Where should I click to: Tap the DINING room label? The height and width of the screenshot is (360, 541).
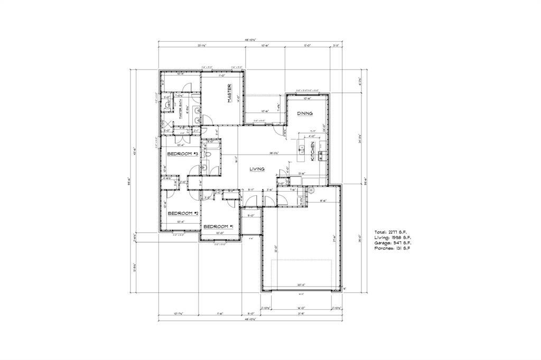pyautogui.click(x=304, y=113)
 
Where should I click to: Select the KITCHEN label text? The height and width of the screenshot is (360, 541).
pyautogui.click(x=313, y=151)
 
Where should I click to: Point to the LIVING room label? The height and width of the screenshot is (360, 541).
pyautogui.click(x=259, y=169)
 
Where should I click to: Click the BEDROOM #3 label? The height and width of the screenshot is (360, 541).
pyautogui.click(x=182, y=154)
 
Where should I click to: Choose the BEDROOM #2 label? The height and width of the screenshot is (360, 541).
pyautogui.click(x=182, y=213)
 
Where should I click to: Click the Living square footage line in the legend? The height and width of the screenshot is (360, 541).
pyautogui.click(x=391, y=238)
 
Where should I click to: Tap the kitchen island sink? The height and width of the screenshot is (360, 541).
pyautogui.click(x=302, y=148)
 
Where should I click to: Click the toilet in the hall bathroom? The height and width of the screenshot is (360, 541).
pyautogui.click(x=209, y=155)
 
